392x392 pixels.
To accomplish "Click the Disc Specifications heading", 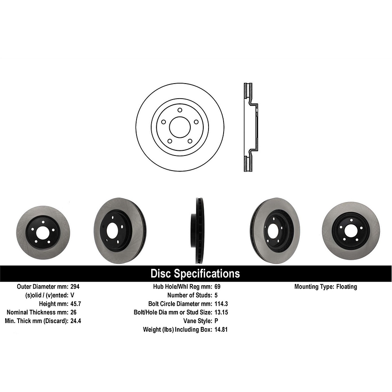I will click(x=195, y=274).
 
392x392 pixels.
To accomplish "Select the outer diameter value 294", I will click(x=75, y=286).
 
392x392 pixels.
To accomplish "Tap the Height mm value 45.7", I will click(x=75, y=304).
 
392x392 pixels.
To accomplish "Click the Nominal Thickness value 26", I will click(x=73, y=312).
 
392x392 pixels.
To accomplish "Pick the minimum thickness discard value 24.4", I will click(x=75, y=321).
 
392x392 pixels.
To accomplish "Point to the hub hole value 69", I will click(x=217, y=286).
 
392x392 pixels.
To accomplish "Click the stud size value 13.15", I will click(x=221, y=312).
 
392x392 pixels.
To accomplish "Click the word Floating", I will click(x=346, y=286).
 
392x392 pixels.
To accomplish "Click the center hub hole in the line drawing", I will click(x=180, y=127).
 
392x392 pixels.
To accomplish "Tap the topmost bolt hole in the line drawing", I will click(x=180, y=110).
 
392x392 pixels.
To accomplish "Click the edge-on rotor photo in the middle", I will click(x=198, y=230).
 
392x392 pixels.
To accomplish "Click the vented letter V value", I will click(x=72, y=295).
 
